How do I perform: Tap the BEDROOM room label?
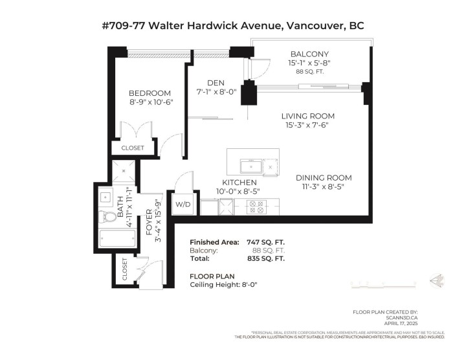[x=150, y=93]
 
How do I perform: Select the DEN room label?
[x=216, y=82]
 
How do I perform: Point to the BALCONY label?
[x=309, y=54]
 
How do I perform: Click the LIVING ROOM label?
[x=307, y=116]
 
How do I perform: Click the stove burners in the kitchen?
[x=257, y=207]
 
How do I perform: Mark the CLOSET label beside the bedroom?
[x=133, y=148]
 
